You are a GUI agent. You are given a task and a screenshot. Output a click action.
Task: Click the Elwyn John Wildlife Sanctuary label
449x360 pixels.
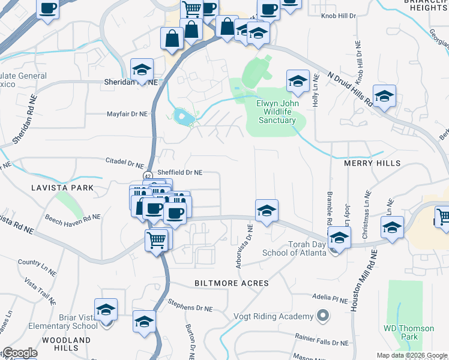pyautogui.click(x=277, y=111)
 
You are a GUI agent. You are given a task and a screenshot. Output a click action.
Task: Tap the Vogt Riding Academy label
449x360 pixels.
pyautogui.click(x=273, y=316)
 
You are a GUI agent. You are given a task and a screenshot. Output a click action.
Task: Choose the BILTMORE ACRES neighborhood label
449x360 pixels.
pyautogui.click(x=231, y=282)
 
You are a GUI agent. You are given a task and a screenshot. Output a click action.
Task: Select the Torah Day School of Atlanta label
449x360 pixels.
pyautogui.click(x=294, y=252)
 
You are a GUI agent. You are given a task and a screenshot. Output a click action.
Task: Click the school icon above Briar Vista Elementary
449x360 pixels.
pyautogui.click(x=106, y=310)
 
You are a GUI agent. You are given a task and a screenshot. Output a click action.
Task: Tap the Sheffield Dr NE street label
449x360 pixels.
pyautogui.click(x=180, y=172)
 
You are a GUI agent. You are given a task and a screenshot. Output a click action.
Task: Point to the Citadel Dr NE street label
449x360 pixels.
pyautogui.click(x=124, y=163)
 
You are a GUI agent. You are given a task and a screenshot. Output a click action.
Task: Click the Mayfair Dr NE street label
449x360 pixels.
pyautogui.click(x=127, y=113)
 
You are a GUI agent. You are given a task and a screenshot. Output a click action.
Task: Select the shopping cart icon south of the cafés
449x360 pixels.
pyautogui.click(x=157, y=240)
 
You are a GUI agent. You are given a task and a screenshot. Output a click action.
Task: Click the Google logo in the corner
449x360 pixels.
pyautogui.click(x=20, y=353)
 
